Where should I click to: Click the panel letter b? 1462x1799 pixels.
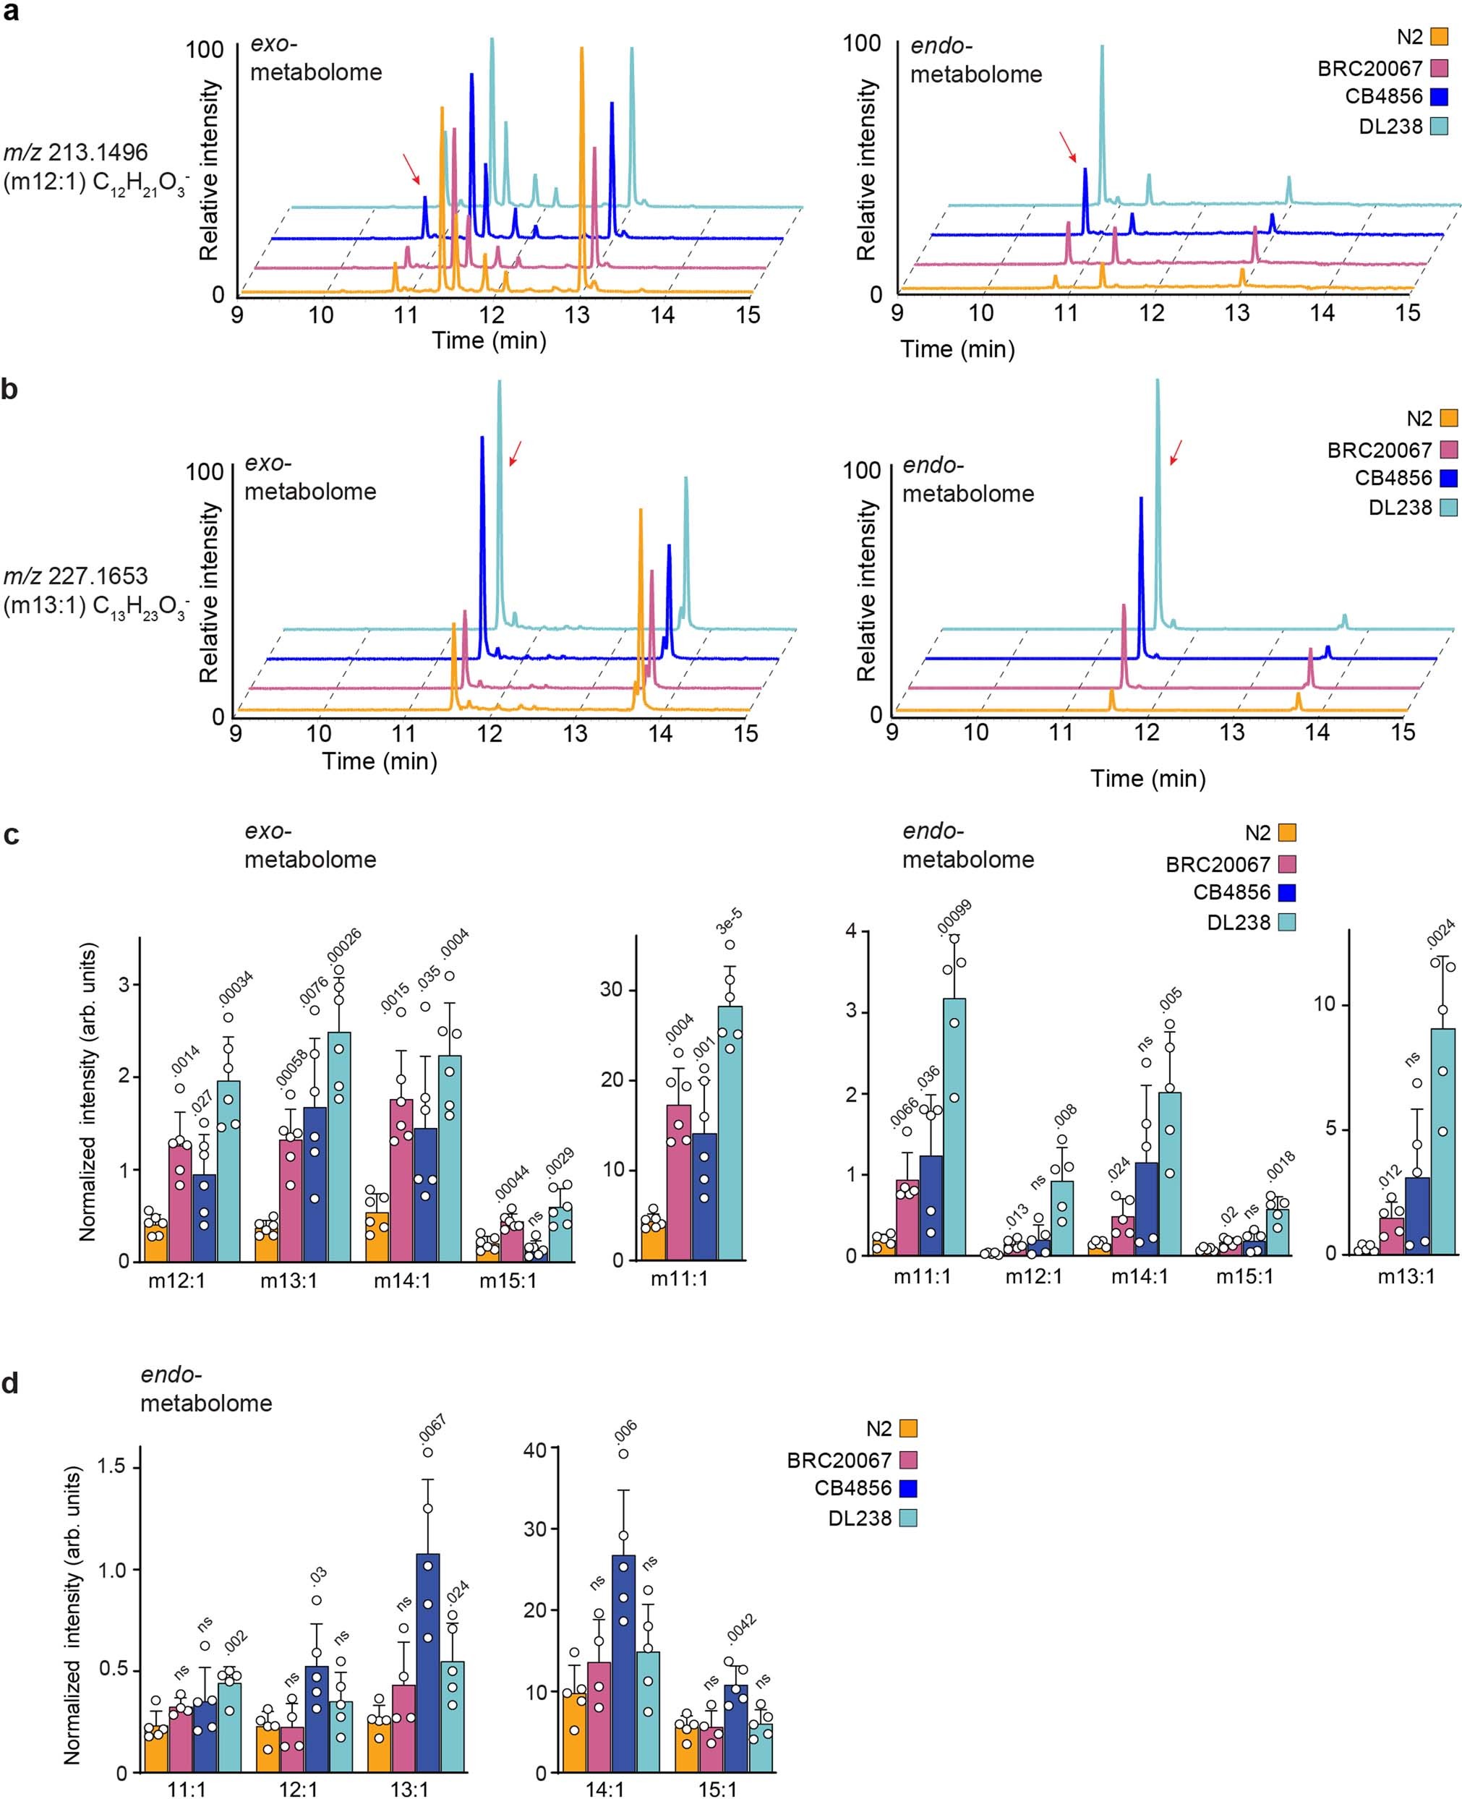(x=9, y=390)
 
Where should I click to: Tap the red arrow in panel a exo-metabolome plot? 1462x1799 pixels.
(x=411, y=168)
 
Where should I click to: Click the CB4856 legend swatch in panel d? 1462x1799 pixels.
(x=908, y=1488)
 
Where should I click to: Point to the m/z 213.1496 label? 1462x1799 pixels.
(x=76, y=153)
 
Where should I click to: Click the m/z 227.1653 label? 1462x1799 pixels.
(x=76, y=576)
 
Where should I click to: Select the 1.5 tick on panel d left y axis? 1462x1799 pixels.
(x=111, y=1466)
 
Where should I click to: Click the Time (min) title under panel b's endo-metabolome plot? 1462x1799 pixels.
(x=1148, y=778)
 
